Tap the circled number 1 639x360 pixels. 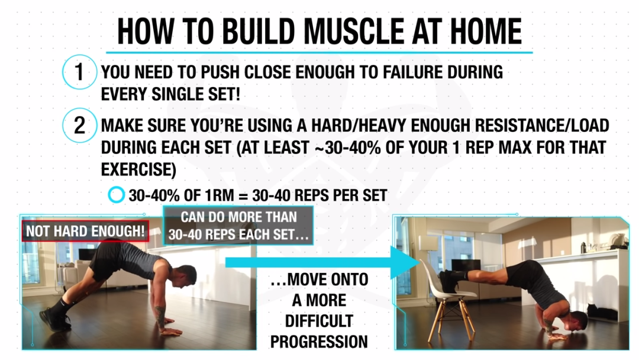click(79, 72)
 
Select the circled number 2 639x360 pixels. click(79, 125)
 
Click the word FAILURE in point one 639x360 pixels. click(412, 72)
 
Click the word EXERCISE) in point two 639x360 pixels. click(138, 169)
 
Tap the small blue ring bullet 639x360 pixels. click(116, 195)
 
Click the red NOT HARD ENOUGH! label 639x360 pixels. click(85, 231)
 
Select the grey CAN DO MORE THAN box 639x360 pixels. click(238, 226)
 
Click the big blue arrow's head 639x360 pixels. click(405, 262)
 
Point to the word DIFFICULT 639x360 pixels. click(319, 321)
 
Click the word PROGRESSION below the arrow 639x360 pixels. click(319, 342)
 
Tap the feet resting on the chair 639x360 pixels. click(450, 281)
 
